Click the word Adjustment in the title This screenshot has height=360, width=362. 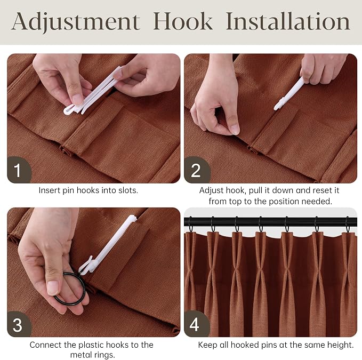[76, 22]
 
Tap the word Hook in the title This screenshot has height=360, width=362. [183, 21]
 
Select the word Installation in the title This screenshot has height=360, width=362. [288, 21]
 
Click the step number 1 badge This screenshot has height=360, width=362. [19, 170]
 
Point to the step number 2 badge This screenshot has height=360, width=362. [196, 170]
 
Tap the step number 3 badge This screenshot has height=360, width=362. [19, 324]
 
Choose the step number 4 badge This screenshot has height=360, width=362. [195, 324]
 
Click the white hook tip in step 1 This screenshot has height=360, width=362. [69, 111]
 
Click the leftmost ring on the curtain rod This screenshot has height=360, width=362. [190, 224]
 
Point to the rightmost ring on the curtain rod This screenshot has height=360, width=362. [348, 225]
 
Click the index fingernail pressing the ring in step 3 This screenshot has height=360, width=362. [53, 287]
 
